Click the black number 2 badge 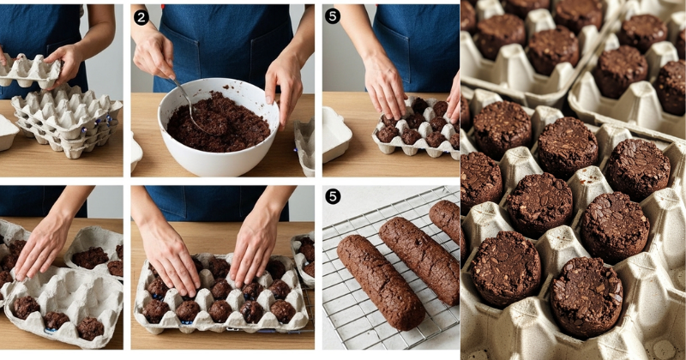tap(141, 17)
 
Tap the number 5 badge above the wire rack tap(333, 197)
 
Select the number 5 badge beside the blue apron tap(333, 16)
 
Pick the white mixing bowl tap(219, 127)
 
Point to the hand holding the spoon tap(153, 55)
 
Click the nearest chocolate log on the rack tap(380, 281)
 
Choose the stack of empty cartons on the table tap(66, 119)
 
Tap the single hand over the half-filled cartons tap(43, 246)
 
